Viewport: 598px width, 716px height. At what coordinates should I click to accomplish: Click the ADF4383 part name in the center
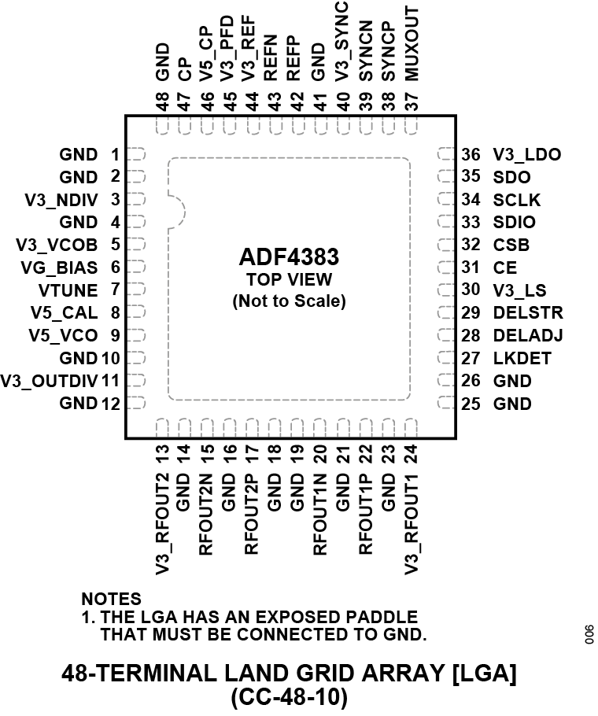pyautogui.click(x=289, y=258)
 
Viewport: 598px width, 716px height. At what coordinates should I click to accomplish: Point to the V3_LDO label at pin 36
pyautogui.click(x=526, y=155)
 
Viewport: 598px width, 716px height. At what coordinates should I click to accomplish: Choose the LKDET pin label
pyautogui.click(x=522, y=359)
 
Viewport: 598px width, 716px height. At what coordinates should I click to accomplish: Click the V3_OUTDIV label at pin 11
pyautogui.click(x=49, y=382)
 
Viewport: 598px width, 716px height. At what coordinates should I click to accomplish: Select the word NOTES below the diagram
pyautogui.click(x=111, y=600)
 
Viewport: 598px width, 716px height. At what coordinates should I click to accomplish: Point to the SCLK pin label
pyautogui.click(x=516, y=200)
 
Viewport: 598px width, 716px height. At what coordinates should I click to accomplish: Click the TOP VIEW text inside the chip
pyautogui.click(x=289, y=279)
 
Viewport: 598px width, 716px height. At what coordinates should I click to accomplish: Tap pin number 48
pyautogui.click(x=163, y=102)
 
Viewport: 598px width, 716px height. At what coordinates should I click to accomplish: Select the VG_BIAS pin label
pyautogui.click(x=60, y=268)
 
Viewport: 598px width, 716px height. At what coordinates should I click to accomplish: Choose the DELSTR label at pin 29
pyautogui.click(x=527, y=313)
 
